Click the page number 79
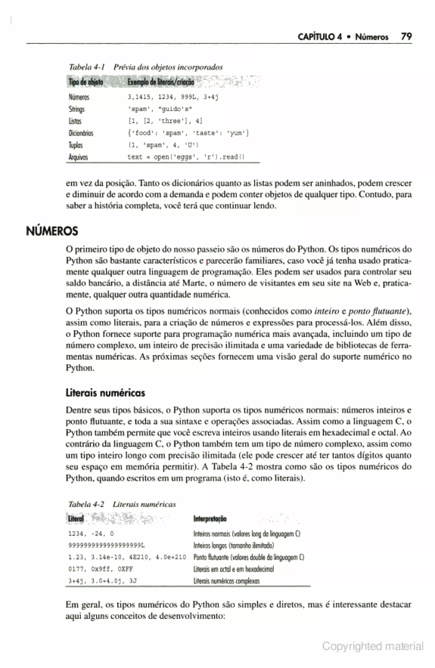click(x=406, y=36)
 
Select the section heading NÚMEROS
click(x=52, y=231)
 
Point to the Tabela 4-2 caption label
click(x=86, y=504)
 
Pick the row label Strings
click(x=76, y=109)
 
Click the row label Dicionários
click(x=81, y=133)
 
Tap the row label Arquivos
click(x=78, y=157)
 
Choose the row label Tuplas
click(x=76, y=145)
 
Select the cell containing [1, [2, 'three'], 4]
click(x=165, y=121)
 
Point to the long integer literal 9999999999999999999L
click(x=106, y=545)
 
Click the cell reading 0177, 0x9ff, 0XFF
click(x=101, y=569)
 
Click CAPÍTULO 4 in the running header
click(x=320, y=37)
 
